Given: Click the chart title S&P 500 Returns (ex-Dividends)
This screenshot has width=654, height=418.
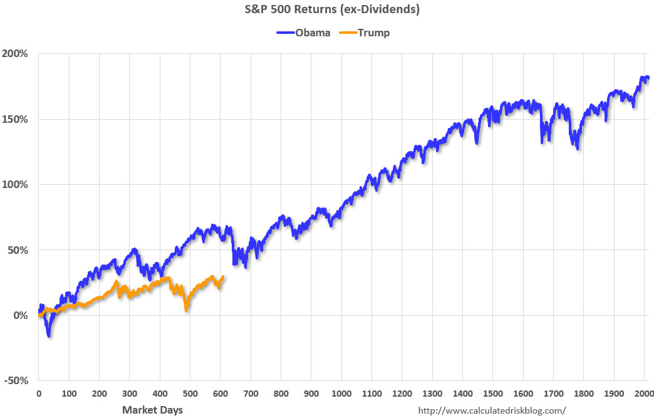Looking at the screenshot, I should (326, 10).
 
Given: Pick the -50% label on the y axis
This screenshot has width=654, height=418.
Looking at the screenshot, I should (16, 381).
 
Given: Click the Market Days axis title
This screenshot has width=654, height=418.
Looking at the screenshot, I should (152, 410).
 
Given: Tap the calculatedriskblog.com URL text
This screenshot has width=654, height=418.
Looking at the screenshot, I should (492, 410).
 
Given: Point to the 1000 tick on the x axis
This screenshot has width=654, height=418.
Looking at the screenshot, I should (341, 394).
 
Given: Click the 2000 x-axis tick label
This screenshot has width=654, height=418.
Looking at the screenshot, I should (644, 394).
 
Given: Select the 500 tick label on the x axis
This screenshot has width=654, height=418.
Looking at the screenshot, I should (190, 394).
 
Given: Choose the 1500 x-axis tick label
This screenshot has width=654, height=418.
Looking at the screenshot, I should (493, 394).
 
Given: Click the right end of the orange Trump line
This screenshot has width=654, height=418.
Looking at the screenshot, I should (224, 276).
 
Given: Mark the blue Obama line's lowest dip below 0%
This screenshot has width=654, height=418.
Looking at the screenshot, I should (49, 336).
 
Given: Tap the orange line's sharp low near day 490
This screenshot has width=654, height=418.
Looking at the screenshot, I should (187, 310).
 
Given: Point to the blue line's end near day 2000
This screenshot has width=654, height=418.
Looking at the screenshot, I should (648, 78).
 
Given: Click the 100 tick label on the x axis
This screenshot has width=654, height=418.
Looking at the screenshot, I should (69, 394).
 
